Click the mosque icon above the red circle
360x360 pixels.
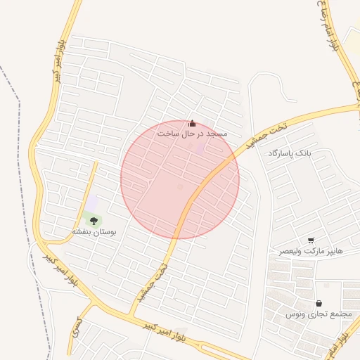193,123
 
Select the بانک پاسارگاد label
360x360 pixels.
288,153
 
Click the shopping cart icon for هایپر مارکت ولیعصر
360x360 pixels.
311,240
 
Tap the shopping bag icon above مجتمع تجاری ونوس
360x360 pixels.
319,304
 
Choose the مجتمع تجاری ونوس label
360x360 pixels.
319,314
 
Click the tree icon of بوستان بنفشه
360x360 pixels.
94,221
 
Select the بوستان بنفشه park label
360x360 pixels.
94,231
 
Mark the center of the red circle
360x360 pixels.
180,179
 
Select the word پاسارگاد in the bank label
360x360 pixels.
281,153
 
